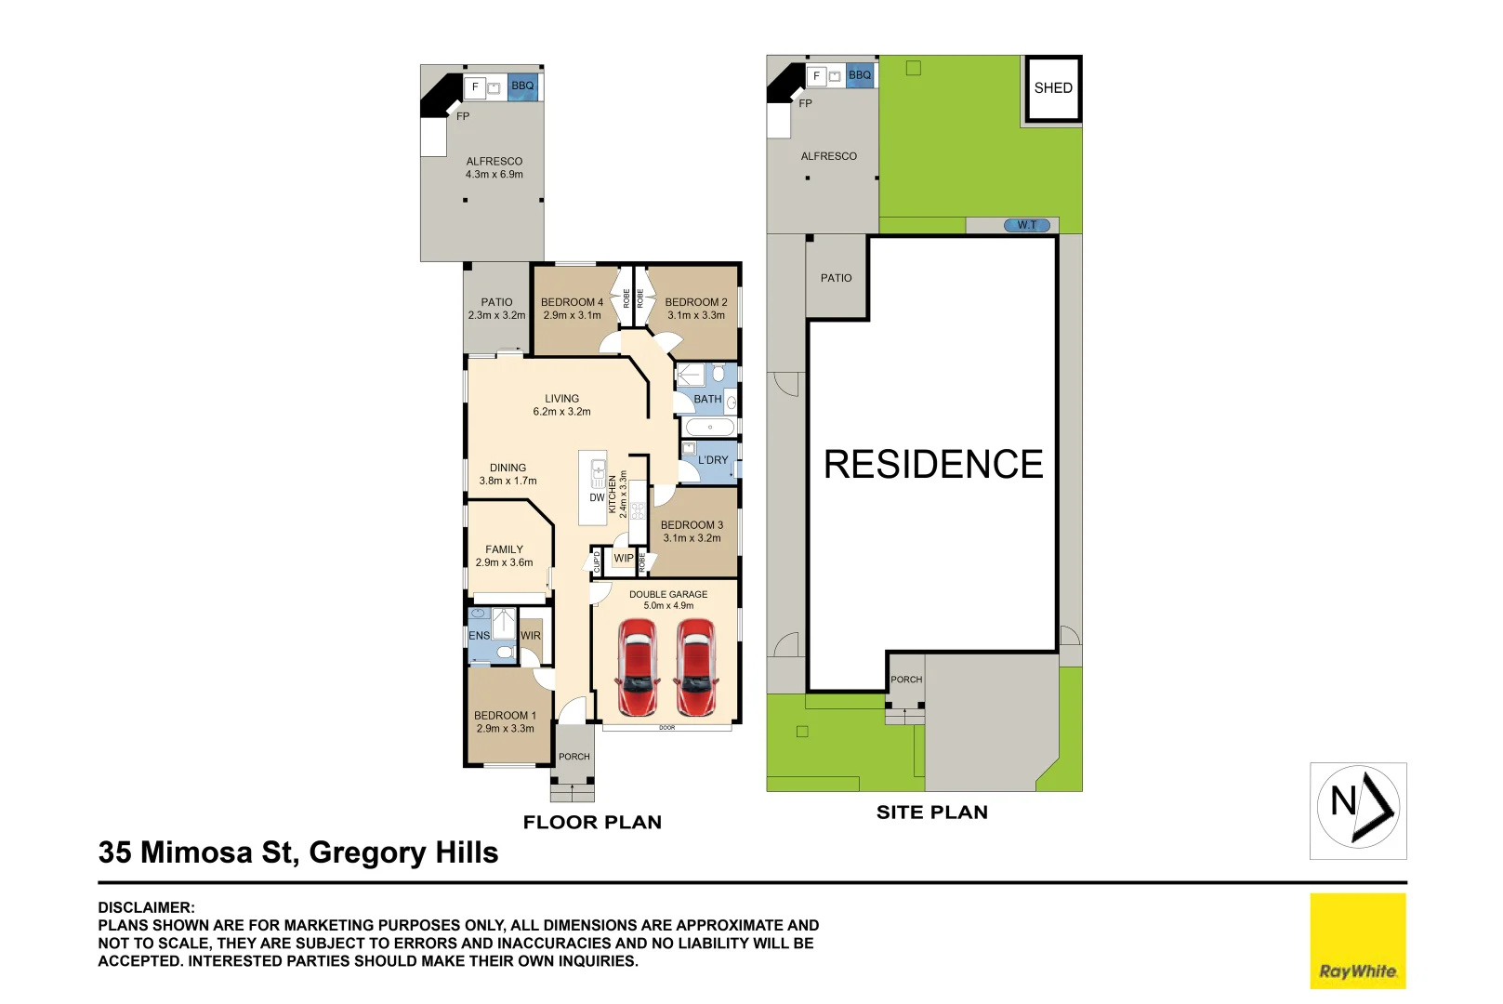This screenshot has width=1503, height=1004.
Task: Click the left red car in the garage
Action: (x=638, y=667)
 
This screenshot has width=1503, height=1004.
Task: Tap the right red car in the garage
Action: (x=696, y=667)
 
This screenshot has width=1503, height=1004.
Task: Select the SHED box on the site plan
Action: (x=1053, y=88)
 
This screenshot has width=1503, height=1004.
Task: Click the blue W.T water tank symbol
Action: (x=1026, y=226)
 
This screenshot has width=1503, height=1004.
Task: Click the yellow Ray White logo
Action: (x=1358, y=941)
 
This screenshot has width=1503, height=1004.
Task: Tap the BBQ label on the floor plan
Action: (x=522, y=86)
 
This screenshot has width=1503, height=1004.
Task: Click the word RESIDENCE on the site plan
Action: (x=933, y=465)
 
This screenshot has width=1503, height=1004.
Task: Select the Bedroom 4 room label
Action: (x=572, y=302)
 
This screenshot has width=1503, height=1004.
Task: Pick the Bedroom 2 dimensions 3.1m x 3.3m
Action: (x=696, y=315)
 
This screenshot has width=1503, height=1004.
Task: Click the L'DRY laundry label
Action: (x=713, y=460)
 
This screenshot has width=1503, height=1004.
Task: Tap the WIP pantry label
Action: (x=624, y=559)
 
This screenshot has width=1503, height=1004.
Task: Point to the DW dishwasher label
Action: (x=597, y=498)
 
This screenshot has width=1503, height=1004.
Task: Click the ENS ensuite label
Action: (x=479, y=636)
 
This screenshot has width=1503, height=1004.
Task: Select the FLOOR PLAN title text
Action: (x=592, y=822)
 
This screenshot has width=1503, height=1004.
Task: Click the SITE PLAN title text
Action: (x=932, y=812)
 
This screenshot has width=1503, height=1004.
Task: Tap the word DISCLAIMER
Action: (x=146, y=907)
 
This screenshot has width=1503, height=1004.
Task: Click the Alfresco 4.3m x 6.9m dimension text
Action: (x=494, y=175)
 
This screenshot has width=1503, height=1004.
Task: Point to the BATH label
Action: (x=708, y=400)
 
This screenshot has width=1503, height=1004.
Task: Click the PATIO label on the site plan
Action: (x=836, y=278)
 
